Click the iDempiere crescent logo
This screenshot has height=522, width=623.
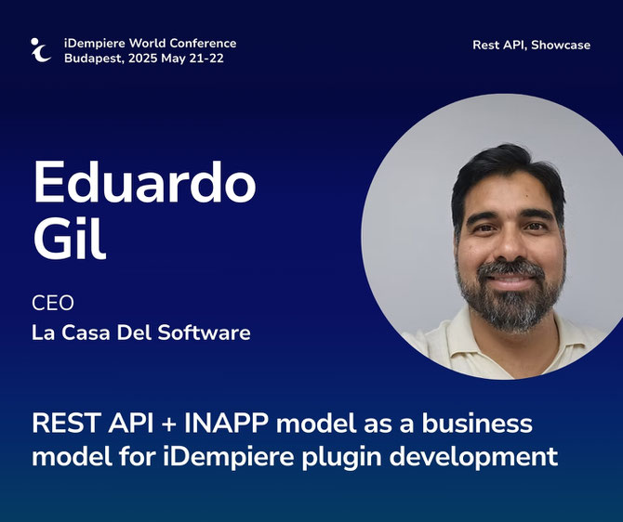[x=41, y=50]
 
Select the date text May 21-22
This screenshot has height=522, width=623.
[x=192, y=59]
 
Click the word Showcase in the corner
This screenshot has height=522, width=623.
[x=561, y=45]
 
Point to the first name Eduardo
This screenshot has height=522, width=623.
[x=145, y=182]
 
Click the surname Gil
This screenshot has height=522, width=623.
[x=70, y=238]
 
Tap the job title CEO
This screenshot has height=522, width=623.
[x=53, y=304]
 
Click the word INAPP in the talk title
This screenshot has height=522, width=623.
[x=226, y=424]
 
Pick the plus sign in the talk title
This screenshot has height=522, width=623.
[x=169, y=424]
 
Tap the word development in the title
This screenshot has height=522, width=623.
[x=473, y=457]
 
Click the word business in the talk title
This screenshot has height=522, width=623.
[x=477, y=424]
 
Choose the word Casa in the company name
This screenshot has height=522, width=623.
[x=86, y=333]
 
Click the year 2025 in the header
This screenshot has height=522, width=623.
[x=142, y=59]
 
